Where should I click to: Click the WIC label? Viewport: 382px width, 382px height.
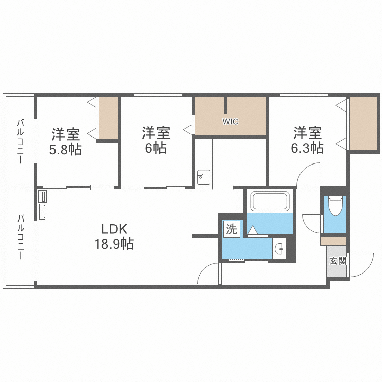[230, 122]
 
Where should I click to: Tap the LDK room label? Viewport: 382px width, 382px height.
[113, 228]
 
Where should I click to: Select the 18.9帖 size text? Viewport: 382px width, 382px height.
[113, 244]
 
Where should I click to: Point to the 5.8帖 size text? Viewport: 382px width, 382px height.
[65, 151]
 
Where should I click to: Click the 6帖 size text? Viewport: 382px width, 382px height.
[155, 149]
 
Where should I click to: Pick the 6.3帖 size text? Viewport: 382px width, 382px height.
[308, 148]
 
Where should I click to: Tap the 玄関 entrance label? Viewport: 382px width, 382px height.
[337, 262]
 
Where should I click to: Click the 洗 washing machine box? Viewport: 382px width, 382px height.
[231, 229]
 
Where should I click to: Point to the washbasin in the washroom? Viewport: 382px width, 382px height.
[278, 249]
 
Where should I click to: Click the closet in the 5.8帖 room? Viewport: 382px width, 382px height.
[108, 118]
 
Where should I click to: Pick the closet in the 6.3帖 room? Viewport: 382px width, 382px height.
[363, 123]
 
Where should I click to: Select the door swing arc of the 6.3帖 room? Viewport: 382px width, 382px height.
[308, 176]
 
